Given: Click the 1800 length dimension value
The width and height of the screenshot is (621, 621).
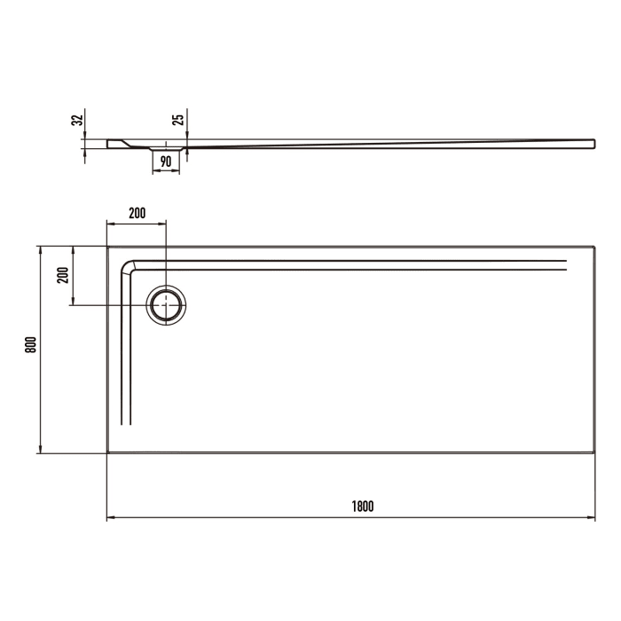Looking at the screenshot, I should pyautogui.click(x=361, y=507).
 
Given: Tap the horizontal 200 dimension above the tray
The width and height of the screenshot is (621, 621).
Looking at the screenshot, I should pyautogui.click(x=137, y=213).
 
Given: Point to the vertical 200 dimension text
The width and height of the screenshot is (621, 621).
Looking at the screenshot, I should pyautogui.click(x=62, y=274).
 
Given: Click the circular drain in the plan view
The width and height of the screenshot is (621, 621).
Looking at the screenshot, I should pyautogui.click(x=166, y=305).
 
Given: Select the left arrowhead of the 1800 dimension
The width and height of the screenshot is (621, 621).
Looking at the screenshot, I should pyautogui.click(x=111, y=518).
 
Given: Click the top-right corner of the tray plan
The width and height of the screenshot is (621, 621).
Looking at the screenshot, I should pyautogui.click(x=593, y=247).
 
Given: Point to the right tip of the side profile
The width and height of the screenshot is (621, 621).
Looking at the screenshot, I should pyautogui.click(x=593, y=142).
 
